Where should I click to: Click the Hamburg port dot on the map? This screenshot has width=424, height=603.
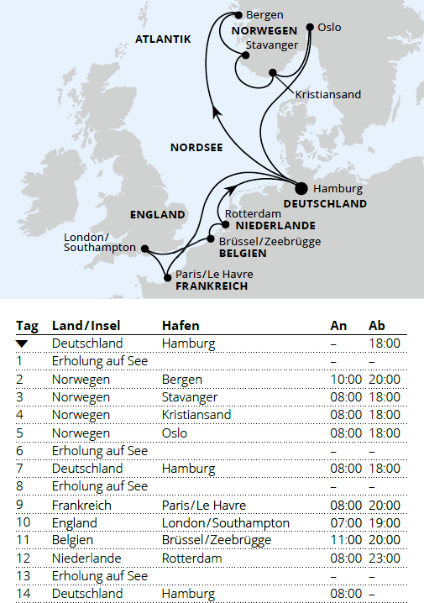point(303,188)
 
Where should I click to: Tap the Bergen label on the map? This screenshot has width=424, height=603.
point(265,14)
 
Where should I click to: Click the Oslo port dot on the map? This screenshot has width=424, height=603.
point(311,28)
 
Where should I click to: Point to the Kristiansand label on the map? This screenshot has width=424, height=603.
point(328,95)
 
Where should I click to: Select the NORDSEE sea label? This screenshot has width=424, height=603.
point(196,147)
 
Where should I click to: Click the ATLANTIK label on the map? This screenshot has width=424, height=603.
point(163,39)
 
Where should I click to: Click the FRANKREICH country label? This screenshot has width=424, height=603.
point(212,286)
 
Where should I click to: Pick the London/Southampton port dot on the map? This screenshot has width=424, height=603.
point(144,249)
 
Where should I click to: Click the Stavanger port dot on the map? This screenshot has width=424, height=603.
point(244,56)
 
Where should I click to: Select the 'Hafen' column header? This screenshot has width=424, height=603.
point(180,325)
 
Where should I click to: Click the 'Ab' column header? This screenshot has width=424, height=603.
point(377,325)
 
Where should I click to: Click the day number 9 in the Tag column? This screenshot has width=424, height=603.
point(20,505)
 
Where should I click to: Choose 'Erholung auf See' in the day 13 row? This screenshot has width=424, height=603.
point(99,576)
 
